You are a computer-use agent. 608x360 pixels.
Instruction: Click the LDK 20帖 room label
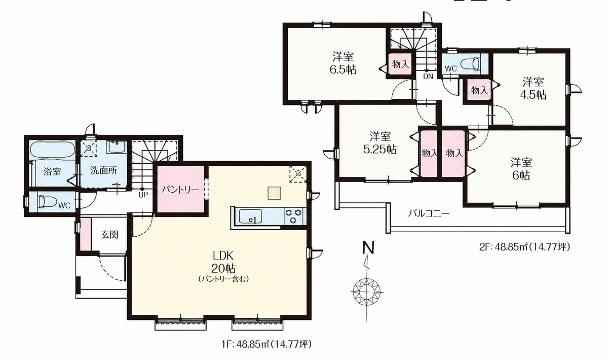(223, 262)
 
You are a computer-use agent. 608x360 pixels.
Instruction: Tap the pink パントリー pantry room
(180, 189)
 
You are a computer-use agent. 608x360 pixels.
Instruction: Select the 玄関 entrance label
(109, 234)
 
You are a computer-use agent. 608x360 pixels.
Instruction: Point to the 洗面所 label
(104, 171)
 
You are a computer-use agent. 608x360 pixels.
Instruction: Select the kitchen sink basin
(250, 217)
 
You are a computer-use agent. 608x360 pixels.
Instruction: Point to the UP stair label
(142, 195)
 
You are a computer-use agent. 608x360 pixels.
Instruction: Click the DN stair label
(428, 77)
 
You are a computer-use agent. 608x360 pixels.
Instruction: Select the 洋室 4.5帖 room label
(533, 88)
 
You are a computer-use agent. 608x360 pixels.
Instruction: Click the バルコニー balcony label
(429, 213)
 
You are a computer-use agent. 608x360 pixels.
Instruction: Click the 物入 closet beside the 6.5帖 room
(400, 65)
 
